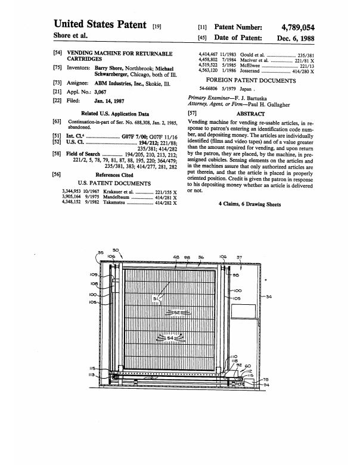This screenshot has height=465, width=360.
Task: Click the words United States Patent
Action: pyautogui.click(x=100, y=24)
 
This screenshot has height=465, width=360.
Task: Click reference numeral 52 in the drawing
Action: pyautogui.click(x=176, y=312)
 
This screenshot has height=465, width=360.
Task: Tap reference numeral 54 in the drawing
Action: pyautogui.click(x=170, y=338)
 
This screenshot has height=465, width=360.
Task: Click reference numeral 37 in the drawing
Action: pyautogui.click(x=240, y=257)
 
